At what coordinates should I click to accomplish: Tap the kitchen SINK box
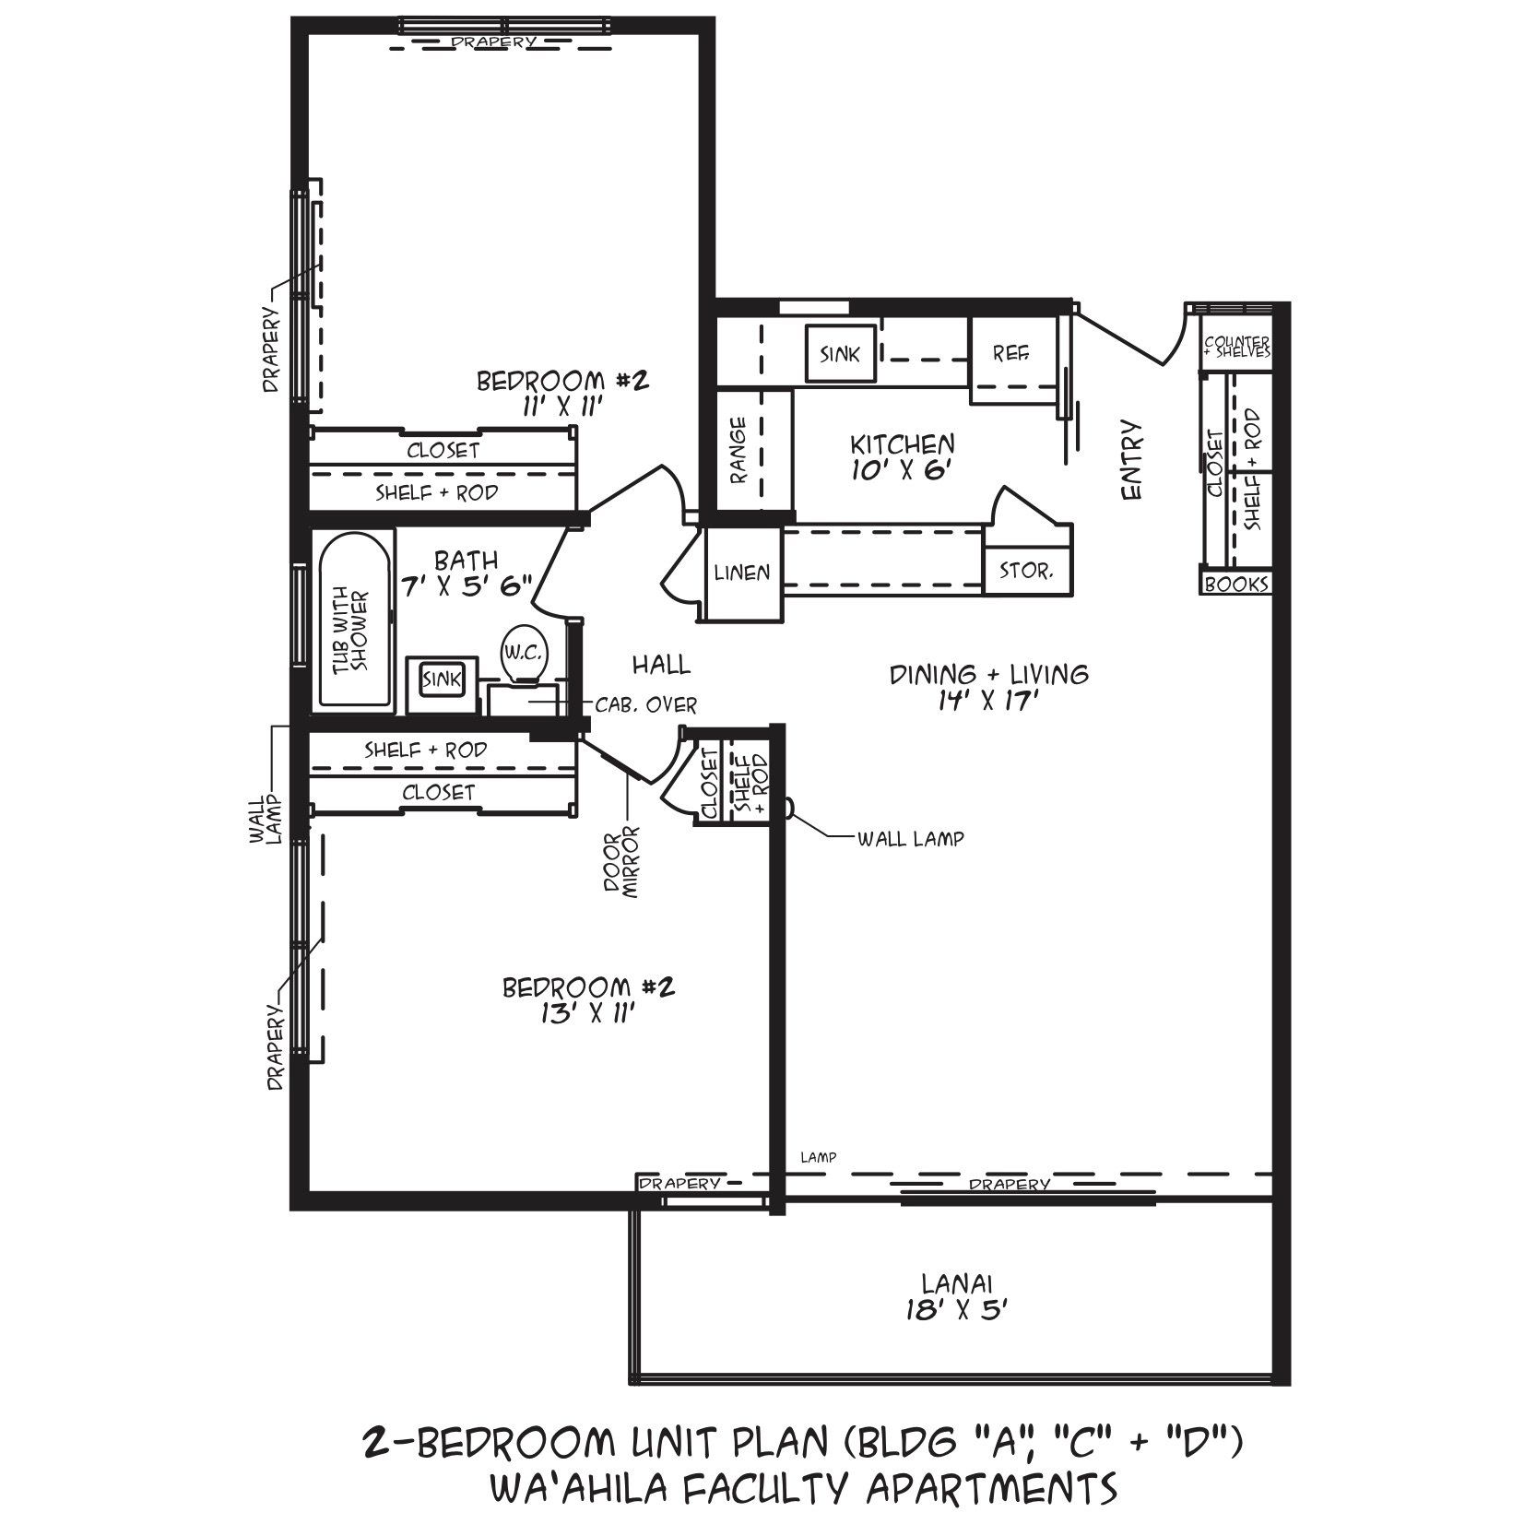840,353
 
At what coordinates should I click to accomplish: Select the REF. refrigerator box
1011,353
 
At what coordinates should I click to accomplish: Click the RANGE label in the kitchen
738,450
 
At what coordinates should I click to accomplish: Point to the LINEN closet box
742,573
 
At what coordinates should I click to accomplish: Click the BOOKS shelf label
1236,584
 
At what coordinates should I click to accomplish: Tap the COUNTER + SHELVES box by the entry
1236,347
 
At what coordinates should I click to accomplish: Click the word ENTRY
1132,461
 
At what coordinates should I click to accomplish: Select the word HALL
661,664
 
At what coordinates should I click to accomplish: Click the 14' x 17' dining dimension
987,702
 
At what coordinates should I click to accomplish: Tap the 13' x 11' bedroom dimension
588,1013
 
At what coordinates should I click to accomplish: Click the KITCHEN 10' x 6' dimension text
901,469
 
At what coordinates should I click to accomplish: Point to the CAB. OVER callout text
646,705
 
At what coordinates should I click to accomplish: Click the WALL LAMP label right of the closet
910,839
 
